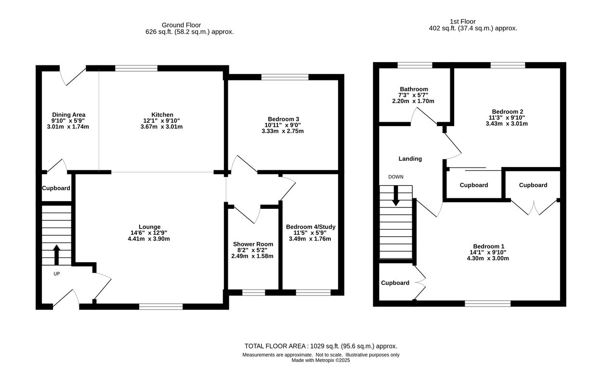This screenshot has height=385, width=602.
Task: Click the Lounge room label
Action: pyautogui.click(x=149, y=227)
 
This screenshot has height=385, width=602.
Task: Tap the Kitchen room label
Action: pyautogui.click(x=162, y=115)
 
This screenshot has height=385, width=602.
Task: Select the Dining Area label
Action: pyautogui.click(x=68, y=115)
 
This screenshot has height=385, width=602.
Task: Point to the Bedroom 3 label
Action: pyautogui.click(x=283, y=119)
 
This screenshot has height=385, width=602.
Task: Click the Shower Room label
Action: pyautogui.click(x=253, y=244)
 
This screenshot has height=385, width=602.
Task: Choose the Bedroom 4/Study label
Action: pyautogui.click(x=311, y=227)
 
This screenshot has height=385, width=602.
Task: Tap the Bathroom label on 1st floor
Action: pyautogui.click(x=414, y=89)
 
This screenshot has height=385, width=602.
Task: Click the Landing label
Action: pyautogui.click(x=410, y=159)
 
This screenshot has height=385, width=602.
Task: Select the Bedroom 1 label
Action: pyautogui.click(x=489, y=246)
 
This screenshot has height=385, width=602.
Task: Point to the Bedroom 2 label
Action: pyautogui.click(x=508, y=112)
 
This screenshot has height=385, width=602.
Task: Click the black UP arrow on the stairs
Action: pyautogui.click(x=56, y=255)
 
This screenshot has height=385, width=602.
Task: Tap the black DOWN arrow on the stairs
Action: pyautogui.click(x=395, y=196)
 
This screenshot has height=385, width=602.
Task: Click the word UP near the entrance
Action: pyautogui.click(x=56, y=274)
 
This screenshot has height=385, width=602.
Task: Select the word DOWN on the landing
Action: pyautogui.click(x=395, y=177)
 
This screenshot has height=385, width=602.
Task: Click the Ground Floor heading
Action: pyautogui.click(x=181, y=25)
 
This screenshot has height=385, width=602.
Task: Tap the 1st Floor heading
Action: pyautogui.click(x=463, y=22)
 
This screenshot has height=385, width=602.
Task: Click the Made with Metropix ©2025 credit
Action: pyautogui.click(x=321, y=360)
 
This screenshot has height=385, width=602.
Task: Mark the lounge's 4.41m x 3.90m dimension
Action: pyautogui.click(x=149, y=239)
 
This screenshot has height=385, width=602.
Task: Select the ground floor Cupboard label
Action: pyautogui.click(x=56, y=188)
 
